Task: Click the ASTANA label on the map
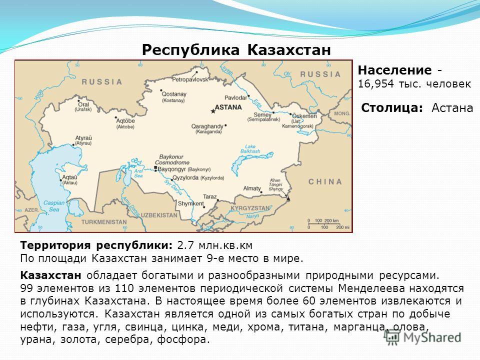pos(228,107)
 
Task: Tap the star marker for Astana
pos(213,111)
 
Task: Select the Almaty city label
pos(252,188)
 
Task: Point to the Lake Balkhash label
pos(250,149)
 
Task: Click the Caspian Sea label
pos(54,206)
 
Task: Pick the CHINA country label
pos(325,182)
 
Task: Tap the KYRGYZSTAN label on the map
pos(250,208)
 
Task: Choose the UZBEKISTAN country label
pos(159,215)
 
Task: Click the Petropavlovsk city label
pos(190,79)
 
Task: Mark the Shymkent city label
pos(190,203)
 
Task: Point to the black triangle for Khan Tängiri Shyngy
pos(288,199)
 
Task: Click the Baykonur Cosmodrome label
pos(172,160)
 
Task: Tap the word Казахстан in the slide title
pos(289,50)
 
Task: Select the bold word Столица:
pos(392,108)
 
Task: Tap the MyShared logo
pos(423,337)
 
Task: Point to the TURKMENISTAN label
pos(104,222)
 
